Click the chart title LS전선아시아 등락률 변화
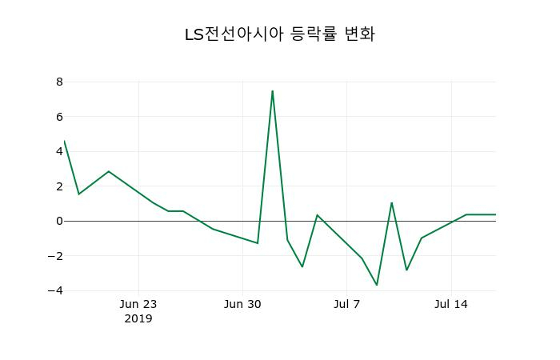pyautogui.click(x=279, y=34)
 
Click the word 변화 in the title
pyautogui.click(x=358, y=34)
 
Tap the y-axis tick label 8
pyautogui.click(x=59, y=82)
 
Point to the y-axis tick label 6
pyautogui.click(x=59, y=117)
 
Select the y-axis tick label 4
pyautogui.click(x=59, y=151)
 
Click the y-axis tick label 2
pyautogui.click(x=59, y=186)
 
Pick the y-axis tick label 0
pyautogui.click(x=59, y=221)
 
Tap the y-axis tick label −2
pyautogui.click(x=56, y=256)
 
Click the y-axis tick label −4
pyautogui.click(x=56, y=290)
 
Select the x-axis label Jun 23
pyautogui.click(x=138, y=304)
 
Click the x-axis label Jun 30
pyautogui.click(x=242, y=304)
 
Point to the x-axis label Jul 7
pyautogui.click(x=347, y=304)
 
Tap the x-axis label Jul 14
pyautogui.click(x=451, y=304)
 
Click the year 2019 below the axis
pyautogui.click(x=138, y=318)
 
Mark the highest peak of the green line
pyautogui.click(x=272, y=90)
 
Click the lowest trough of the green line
pyautogui.click(x=377, y=285)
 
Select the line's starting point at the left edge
pyautogui.click(x=64, y=141)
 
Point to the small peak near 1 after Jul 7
pyautogui.click(x=391, y=202)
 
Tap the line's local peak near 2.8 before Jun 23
pyautogui.click(x=109, y=171)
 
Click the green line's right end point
pyautogui.click(x=495, y=214)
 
